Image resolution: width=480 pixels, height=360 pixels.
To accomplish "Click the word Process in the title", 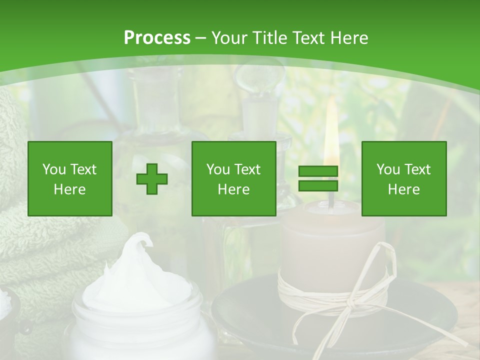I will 157,38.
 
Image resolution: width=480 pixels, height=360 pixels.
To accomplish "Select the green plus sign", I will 152,179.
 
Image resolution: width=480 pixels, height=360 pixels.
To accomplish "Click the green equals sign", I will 318,178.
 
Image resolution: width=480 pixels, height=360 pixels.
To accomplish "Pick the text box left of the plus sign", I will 70,178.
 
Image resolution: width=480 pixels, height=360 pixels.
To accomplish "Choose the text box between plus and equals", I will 233,178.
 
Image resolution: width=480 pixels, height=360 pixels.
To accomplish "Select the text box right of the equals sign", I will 403,178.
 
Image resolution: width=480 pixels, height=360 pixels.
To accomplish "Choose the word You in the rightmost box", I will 388,170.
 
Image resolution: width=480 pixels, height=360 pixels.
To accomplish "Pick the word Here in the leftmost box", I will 69,189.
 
